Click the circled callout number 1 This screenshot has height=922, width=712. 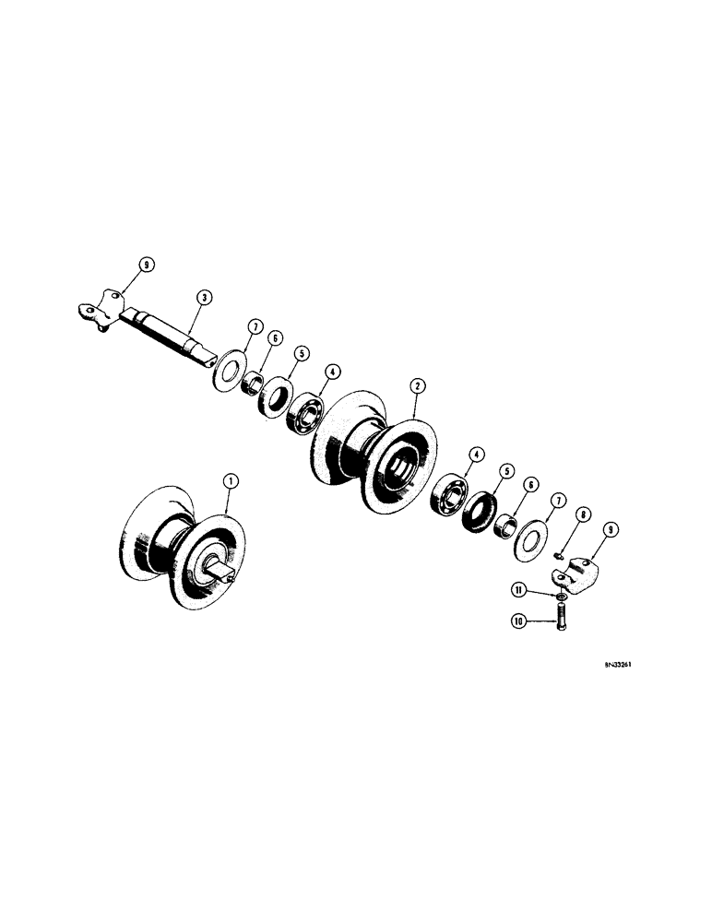click(231, 479)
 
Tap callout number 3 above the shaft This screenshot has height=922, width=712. click(205, 297)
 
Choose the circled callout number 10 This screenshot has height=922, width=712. click(519, 621)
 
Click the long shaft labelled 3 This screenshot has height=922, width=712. click(171, 336)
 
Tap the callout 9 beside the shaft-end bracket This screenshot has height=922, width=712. click(143, 267)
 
